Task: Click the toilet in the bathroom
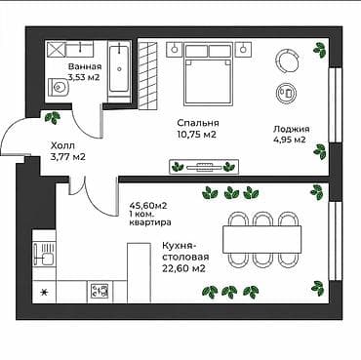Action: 59,87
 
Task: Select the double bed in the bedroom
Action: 209,74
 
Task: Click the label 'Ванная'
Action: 85,67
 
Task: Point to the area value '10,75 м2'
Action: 197,135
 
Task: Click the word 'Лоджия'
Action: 291,130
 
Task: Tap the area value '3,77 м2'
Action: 68,157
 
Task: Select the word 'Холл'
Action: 62,145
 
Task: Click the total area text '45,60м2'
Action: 148,206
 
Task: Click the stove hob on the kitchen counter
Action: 100,291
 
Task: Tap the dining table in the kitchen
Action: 261,239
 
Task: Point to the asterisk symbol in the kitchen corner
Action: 43,293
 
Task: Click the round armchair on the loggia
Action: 287,60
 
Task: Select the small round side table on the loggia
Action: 286,94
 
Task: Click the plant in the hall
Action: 53,117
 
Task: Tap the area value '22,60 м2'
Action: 183,268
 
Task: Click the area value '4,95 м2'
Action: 290,140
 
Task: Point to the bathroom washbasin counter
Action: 80,49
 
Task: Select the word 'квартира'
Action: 150,223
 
